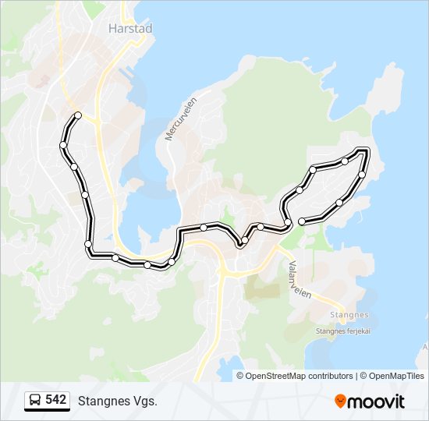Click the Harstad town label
pyautogui.click(x=129, y=28)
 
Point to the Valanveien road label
pyautogui.click(x=299, y=277)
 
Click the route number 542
pyautogui.click(x=55, y=400)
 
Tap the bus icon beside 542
pyautogui.click(x=36, y=401)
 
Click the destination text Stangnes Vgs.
pyautogui.click(x=117, y=401)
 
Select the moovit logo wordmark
pyautogui.click(x=377, y=402)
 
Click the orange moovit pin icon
pyautogui.click(x=341, y=402)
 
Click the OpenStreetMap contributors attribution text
pyautogui.click(x=300, y=376)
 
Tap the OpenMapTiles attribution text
pyautogui.click(x=396, y=376)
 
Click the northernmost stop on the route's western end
pyautogui.click(x=78, y=116)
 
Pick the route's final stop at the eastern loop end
pyautogui.click(x=302, y=222)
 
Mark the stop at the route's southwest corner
pyautogui.click(x=88, y=246)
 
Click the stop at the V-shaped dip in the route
pyautogui.click(x=242, y=243)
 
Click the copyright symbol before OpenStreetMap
pyautogui.click(x=241, y=376)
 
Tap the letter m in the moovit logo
pyautogui.click(x=356, y=402)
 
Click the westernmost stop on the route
pyautogui.click(x=63, y=145)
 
